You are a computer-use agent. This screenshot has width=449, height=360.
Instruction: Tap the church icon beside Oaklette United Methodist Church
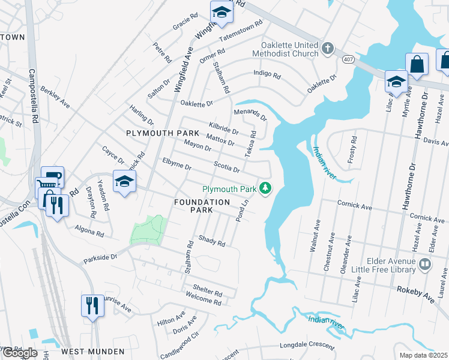click(327, 49)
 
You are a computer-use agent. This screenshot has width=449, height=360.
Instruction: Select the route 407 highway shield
click(348, 59)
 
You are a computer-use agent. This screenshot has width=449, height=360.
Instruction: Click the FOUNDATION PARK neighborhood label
click(202, 206)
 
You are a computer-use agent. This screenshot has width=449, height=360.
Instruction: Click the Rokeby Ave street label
click(414, 289)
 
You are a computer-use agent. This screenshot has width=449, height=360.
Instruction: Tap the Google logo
click(19, 353)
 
